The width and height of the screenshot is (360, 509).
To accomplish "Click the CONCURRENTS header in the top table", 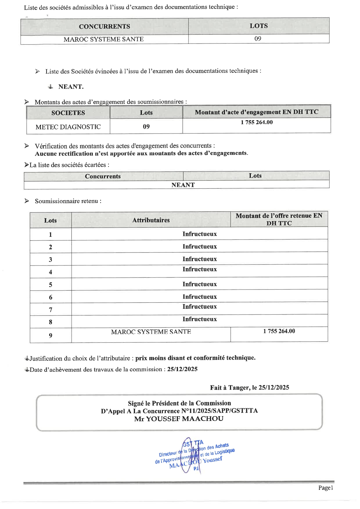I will tap(105, 26).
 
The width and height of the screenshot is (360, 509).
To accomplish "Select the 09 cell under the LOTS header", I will tap(258, 39).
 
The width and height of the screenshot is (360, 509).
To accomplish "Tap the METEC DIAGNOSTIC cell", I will tap(68, 127).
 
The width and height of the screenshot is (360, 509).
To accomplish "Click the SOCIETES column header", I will tap(68, 113).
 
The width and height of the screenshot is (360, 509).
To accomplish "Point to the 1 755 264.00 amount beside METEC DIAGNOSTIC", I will tap(257, 122).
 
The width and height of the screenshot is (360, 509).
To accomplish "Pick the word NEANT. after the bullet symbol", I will tap(71, 87).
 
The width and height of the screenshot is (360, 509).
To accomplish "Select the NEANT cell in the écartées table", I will tap(183, 185).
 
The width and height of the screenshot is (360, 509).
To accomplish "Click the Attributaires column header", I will tap(151, 220).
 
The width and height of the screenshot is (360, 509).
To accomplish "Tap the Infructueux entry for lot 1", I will tap(199, 234).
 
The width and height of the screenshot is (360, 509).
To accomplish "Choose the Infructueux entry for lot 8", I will tap(199, 319).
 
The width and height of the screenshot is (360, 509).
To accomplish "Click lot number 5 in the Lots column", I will tap(51, 285).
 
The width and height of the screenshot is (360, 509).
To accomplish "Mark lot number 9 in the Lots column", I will tap(51, 336).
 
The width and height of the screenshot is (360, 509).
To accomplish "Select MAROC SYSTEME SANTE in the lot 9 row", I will tap(151, 332).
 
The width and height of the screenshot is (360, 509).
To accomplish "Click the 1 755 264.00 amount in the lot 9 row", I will tap(279, 331).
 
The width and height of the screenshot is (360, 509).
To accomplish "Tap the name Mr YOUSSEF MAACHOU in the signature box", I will tap(179, 419).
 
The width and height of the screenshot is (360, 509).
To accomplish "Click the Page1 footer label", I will tap(325, 488).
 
